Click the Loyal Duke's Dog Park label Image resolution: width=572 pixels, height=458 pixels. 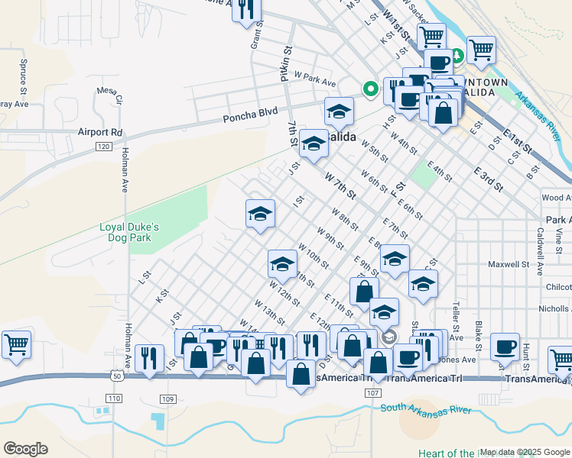129,232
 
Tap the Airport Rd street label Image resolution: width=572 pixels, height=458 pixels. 99,131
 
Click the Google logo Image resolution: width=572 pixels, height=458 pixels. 25,449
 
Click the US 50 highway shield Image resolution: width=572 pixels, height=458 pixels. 115,376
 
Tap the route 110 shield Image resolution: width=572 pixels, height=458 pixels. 115,398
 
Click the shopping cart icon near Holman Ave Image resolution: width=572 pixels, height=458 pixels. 16,344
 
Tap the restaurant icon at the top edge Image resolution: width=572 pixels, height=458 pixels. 246,10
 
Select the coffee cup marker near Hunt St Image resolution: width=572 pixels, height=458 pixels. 504,347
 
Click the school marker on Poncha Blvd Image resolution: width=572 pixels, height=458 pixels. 339,111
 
